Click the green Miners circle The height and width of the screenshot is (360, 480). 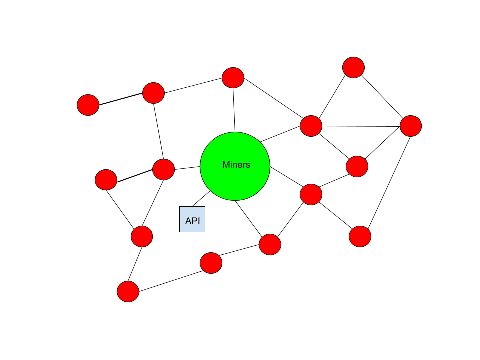tap(235, 166)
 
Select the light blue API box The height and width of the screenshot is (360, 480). tap(192, 219)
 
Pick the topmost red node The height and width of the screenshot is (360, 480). tap(353, 67)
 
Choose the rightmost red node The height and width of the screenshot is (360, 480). tap(411, 126)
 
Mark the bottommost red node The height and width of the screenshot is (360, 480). tap(128, 291)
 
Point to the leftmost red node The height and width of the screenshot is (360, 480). tap(88, 105)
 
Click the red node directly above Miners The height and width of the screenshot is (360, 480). tap(233, 78)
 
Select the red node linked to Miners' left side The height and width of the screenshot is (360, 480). tap(163, 169)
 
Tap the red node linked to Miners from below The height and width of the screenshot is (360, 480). tap(270, 244)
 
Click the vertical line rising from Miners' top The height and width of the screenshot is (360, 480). tap(234, 110)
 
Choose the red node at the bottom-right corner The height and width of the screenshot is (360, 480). tap(360, 236)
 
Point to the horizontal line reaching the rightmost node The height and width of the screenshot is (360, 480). tap(361, 126)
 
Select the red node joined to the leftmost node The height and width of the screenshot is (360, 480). tap(153, 93)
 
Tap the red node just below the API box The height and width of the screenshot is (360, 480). tap(211, 263)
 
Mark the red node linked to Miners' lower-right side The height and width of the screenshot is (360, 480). tap(311, 194)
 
